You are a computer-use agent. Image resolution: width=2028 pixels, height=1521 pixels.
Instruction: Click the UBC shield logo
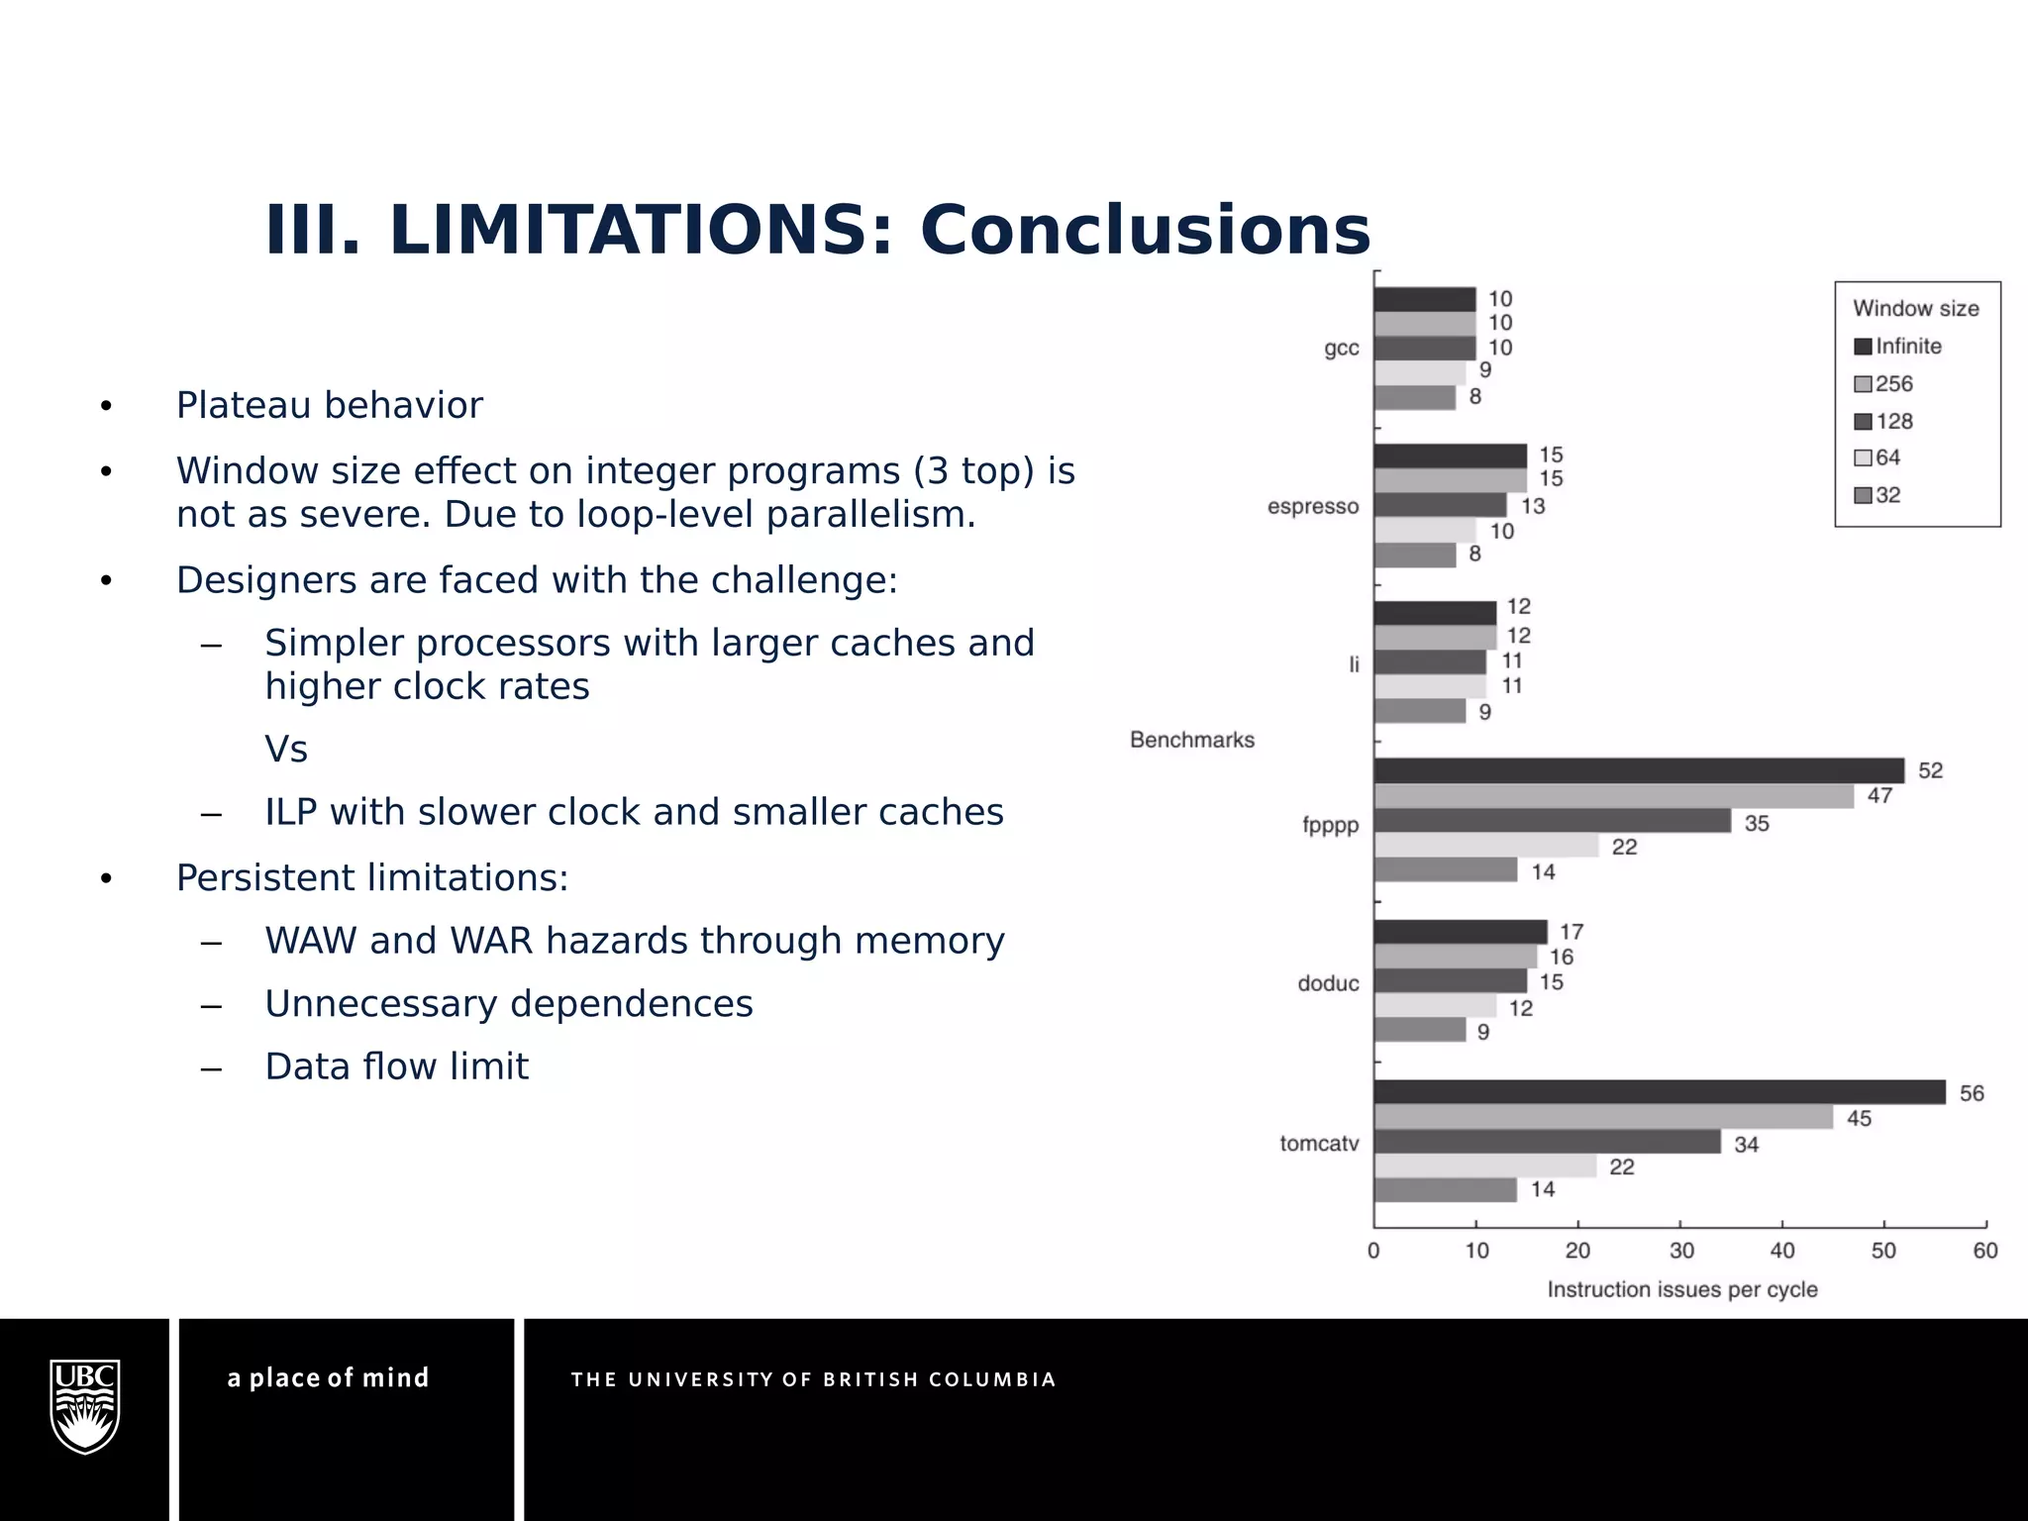pyautogui.click(x=85, y=1405)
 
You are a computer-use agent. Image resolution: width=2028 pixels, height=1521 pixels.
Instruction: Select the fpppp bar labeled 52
pyautogui.click(x=1639, y=770)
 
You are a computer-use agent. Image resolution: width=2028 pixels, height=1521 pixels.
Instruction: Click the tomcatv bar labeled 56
pyautogui.click(x=1660, y=1092)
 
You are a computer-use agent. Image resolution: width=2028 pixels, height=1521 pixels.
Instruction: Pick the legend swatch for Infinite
pyautogui.click(x=1863, y=347)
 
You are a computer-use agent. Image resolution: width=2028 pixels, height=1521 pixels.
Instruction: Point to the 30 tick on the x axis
pyautogui.click(x=1681, y=1251)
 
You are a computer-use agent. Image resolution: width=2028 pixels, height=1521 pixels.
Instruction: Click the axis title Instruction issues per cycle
pyautogui.click(x=1681, y=1289)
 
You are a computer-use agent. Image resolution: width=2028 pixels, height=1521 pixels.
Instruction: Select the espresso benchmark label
pyautogui.click(x=1313, y=507)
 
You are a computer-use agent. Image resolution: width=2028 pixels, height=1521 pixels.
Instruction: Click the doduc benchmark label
pyautogui.click(x=1328, y=983)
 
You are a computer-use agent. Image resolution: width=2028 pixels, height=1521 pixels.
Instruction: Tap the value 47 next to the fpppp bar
pyautogui.click(x=1879, y=795)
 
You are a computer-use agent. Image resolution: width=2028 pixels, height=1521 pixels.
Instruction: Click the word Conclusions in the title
pyautogui.click(x=1145, y=230)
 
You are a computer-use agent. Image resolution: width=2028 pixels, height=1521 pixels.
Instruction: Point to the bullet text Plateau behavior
pyautogui.click(x=329, y=405)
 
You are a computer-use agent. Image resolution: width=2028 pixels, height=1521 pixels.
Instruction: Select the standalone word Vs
pyautogui.click(x=286, y=749)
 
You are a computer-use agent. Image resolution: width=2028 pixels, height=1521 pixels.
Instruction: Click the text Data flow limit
pyautogui.click(x=396, y=1066)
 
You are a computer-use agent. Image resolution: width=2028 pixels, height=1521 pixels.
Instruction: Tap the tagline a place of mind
pyautogui.click(x=328, y=1377)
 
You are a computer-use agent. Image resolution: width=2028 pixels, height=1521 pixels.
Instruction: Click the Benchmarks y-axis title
pyautogui.click(x=1191, y=740)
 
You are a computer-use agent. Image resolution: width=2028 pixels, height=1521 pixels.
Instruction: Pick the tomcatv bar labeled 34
pyautogui.click(x=1547, y=1142)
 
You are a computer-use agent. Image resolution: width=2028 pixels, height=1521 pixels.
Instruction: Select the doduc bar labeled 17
pyautogui.click(x=1460, y=932)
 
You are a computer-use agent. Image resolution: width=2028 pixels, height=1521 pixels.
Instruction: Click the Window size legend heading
pyautogui.click(x=1915, y=309)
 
